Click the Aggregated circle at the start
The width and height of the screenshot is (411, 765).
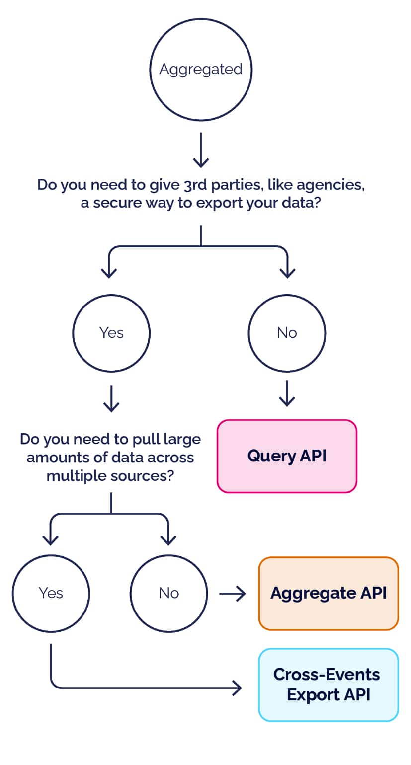point(201,69)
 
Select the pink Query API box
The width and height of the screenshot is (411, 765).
point(287,456)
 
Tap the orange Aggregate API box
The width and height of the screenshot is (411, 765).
point(328,593)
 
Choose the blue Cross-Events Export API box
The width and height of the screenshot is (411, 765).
point(328,685)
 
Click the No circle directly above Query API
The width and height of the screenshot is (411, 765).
point(287,333)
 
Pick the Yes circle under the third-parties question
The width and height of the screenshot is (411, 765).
point(111,333)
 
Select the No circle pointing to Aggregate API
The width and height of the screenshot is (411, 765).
point(168,593)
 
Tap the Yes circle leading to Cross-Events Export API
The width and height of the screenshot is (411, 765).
point(51,593)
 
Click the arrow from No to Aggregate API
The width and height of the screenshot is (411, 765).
point(233,593)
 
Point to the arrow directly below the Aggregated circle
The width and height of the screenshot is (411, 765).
point(201,150)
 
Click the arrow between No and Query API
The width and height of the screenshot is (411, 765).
point(287,394)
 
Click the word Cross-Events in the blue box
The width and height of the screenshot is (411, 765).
point(327,675)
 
